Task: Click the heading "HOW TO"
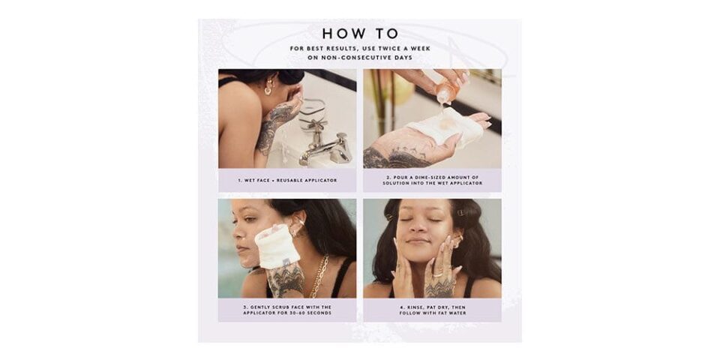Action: point(361,34)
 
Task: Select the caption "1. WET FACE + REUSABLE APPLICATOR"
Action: point(287,181)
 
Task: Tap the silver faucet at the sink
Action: point(325,147)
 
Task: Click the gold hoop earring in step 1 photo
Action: point(268,90)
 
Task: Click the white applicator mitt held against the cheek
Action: point(277,246)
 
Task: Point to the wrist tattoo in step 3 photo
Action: point(285,279)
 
